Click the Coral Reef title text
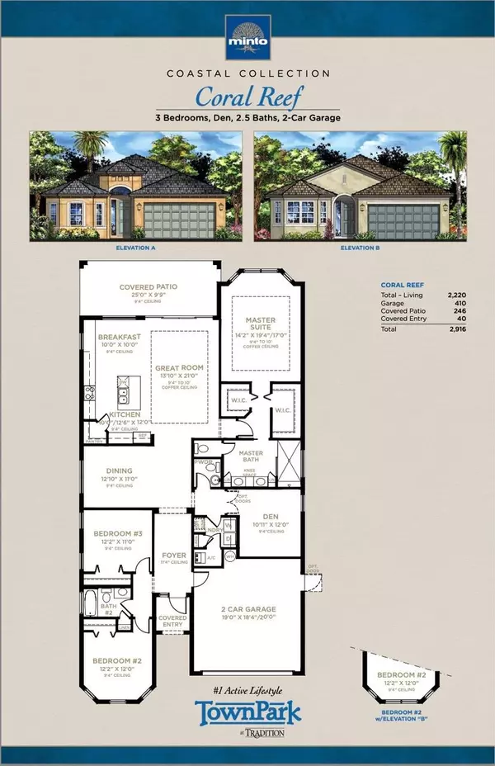247,97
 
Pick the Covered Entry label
172,621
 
